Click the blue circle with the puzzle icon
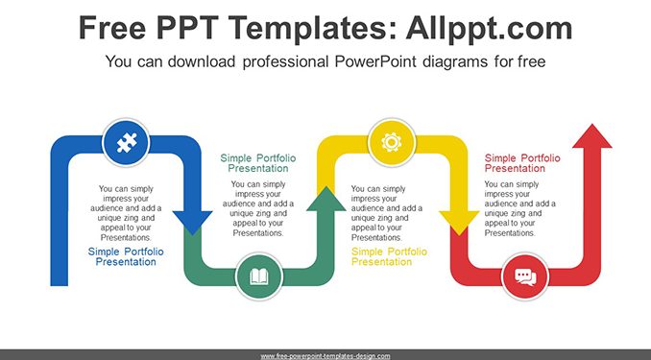pyautogui.click(x=126, y=142)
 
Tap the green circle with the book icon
pyautogui.click(x=259, y=276)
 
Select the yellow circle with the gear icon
pyautogui.click(x=392, y=142)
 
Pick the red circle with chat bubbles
pyautogui.click(x=525, y=276)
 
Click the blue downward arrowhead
pyautogui.click(x=193, y=221)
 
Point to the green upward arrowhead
pyautogui.click(x=326, y=200)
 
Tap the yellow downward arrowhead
pyautogui.click(x=459, y=221)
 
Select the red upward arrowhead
pyautogui.click(x=592, y=136)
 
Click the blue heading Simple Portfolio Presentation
pyautogui.click(x=126, y=256)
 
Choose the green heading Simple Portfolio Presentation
pyautogui.click(x=258, y=163)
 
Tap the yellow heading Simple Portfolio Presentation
pyautogui.click(x=389, y=256)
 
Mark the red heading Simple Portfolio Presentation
pyautogui.click(x=522, y=163)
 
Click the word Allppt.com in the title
pyautogui.click(x=489, y=28)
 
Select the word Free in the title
pyautogui.click(x=112, y=28)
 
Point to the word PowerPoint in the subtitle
pyautogui.click(x=375, y=61)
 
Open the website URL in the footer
pyautogui.click(x=325, y=356)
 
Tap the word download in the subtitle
pyautogui.click(x=202, y=61)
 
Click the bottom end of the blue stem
pyautogui.click(x=60, y=285)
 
